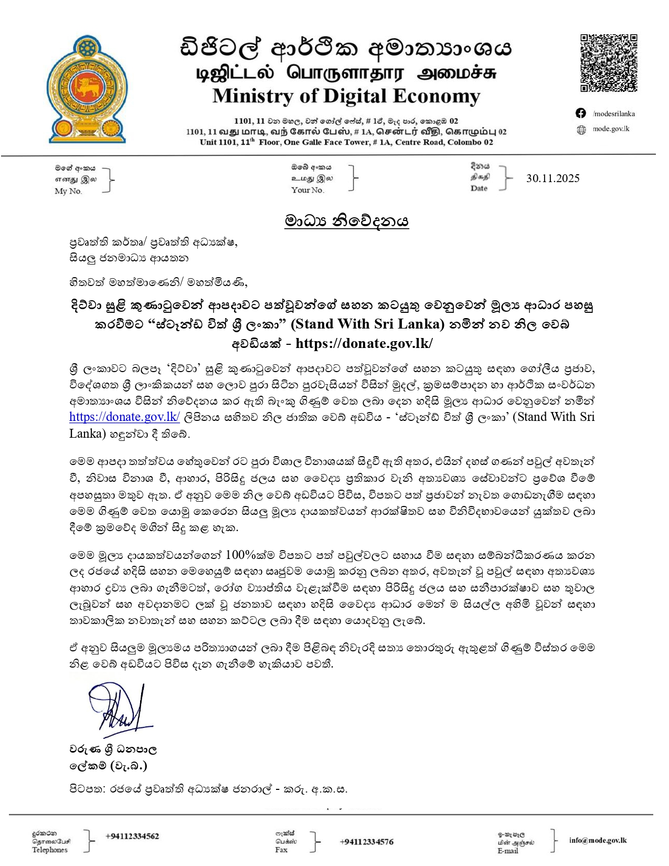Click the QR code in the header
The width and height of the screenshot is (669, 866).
pyautogui.click(x=608, y=63)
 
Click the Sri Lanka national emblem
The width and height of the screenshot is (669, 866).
pyautogui.click(x=87, y=89)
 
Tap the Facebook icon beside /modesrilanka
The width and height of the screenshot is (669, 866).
pyautogui.click(x=581, y=113)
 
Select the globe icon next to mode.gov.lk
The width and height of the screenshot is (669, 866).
pyautogui.click(x=581, y=130)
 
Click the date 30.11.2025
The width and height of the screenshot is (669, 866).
pyautogui.click(x=553, y=178)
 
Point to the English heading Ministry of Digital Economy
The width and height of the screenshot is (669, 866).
pyautogui.click(x=346, y=96)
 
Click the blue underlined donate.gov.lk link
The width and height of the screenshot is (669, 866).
pyautogui.click(x=124, y=417)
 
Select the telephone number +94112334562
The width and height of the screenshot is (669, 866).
pyautogui.click(x=132, y=836)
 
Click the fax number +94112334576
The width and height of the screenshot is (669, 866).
pyautogui.click(x=366, y=842)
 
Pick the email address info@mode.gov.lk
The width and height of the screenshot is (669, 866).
pyautogui.click(x=598, y=840)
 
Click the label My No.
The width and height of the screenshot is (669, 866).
pyautogui.click(x=68, y=192)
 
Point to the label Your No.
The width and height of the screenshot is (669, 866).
pyautogui.click(x=307, y=190)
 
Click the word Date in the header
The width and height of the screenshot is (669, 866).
pyautogui.click(x=479, y=188)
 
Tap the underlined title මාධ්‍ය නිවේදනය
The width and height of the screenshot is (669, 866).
pyautogui.click(x=346, y=221)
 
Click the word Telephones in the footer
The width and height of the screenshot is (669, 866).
pyautogui.click(x=50, y=850)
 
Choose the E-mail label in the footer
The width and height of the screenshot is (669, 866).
pyautogui.click(x=507, y=851)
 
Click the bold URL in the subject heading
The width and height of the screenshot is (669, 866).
pyautogui.click(x=364, y=343)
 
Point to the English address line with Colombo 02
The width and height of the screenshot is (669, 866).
pyautogui.click(x=346, y=142)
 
